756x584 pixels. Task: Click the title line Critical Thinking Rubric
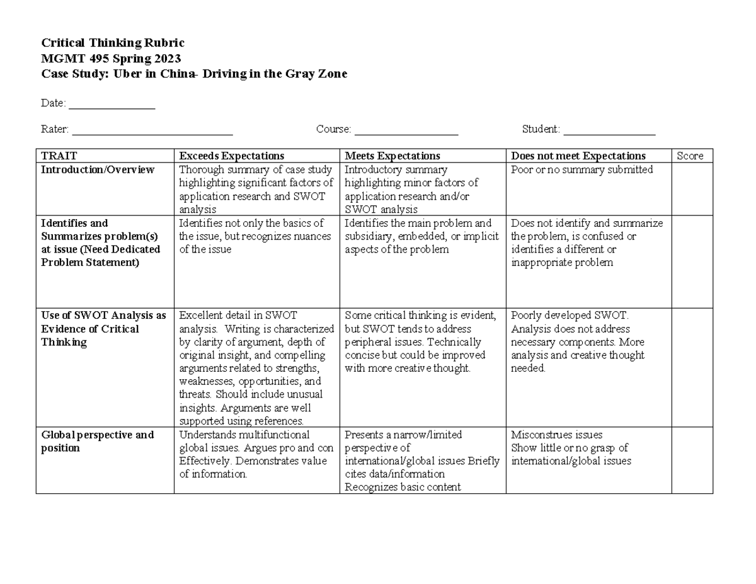click(x=112, y=43)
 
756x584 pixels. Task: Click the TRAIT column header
click(x=59, y=156)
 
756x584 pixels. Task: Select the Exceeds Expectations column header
click(x=231, y=156)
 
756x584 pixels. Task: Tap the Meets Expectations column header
click(x=392, y=156)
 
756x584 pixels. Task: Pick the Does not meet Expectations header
click(x=578, y=156)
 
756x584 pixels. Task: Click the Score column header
click(x=689, y=156)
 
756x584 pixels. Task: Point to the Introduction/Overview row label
click(x=97, y=170)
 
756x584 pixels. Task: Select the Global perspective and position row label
click(x=97, y=442)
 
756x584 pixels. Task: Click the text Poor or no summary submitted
click(x=581, y=170)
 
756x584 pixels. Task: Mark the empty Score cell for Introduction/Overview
click(x=691, y=189)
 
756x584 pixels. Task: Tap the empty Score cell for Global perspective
click(x=691, y=461)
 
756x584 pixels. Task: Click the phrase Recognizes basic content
click(x=403, y=487)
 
